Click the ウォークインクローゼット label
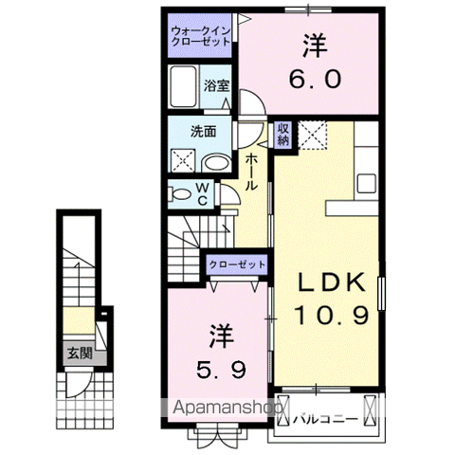pos(201,36)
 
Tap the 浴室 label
pos(216,85)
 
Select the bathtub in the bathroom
pos(183,86)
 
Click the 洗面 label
pos(203,132)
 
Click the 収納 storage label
pos(283,134)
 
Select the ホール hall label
pos(251,172)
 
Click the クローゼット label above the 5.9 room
pos(237,264)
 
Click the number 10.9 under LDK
pos(332,316)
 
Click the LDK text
pos(333,282)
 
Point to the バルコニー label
pos(326,419)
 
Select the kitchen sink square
pos(366,183)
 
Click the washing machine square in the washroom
pos(183,161)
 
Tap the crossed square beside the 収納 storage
pos(312,135)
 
